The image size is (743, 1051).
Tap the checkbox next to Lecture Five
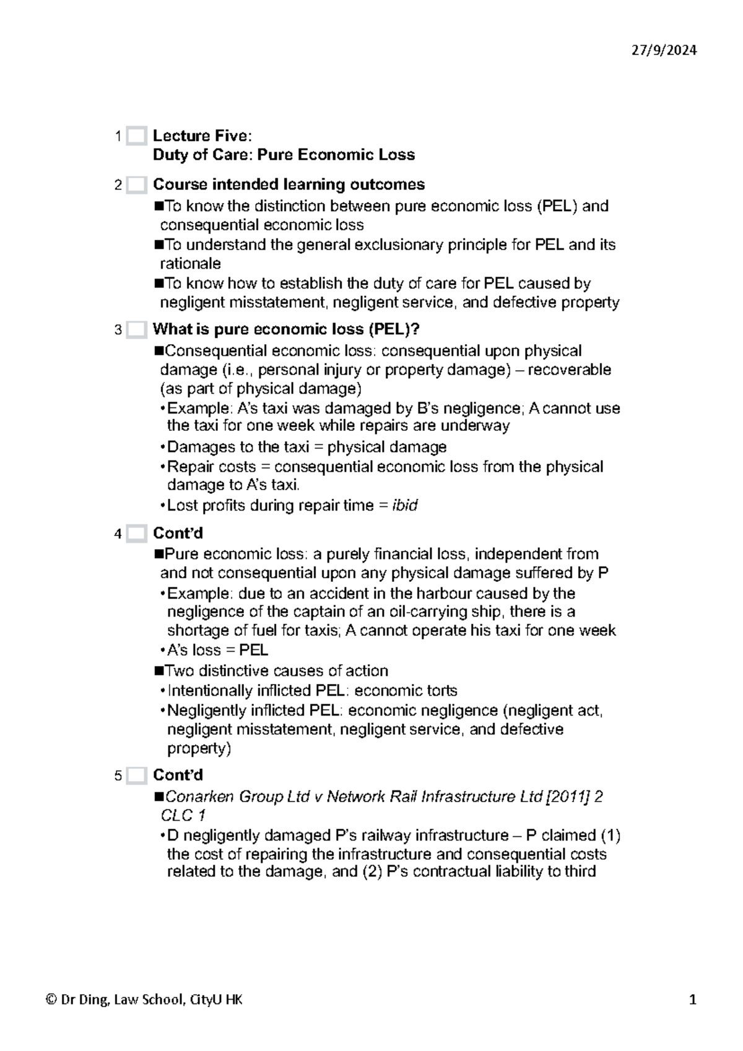pyautogui.click(x=136, y=136)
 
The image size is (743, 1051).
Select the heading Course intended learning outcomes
pyautogui.click(x=289, y=184)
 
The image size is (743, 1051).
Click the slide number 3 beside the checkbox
pyautogui.click(x=118, y=330)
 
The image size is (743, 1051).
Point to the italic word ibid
pyautogui.click(x=405, y=505)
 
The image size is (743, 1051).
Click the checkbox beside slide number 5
pyautogui.click(x=136, y=776)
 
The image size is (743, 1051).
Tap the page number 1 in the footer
pyautogui.click(x=693, y=1000)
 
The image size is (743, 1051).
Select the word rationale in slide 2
pyautogui.click(x=190, y=264)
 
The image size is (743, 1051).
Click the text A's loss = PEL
pyautogui.click(x=217, y=650)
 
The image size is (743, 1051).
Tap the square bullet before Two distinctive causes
pyautogui.click(x=158, y=670)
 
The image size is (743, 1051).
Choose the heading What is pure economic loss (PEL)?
pyautogui.click(x=286, y=329)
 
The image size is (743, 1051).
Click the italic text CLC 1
pyautogui.click(x=183, y=815)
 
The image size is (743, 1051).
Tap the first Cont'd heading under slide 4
pyautogui.click(x=178, y=533)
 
